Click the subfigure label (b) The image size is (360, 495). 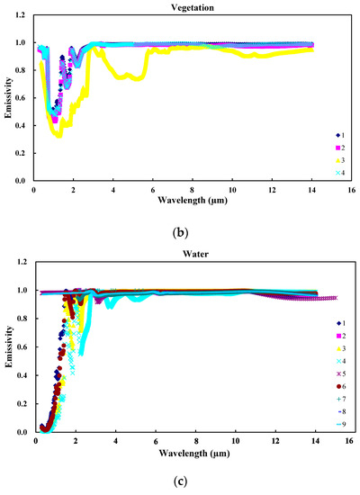[182, 230]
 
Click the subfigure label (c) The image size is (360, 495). [182, 481]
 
